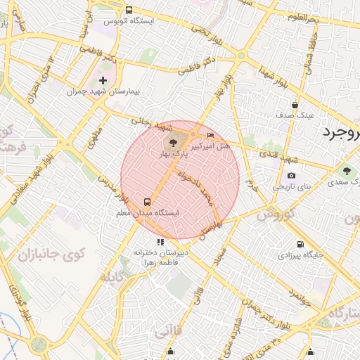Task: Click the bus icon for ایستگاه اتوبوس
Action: tap(129, 10)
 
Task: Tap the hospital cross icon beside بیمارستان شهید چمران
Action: tap(103, 81)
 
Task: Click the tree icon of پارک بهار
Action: tap(174, 144)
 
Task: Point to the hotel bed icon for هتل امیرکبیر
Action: tap(211, 134)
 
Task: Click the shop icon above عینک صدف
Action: tap(294, 104)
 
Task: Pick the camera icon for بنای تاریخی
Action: tap(292, 176)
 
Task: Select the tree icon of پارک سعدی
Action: tap(346, 171)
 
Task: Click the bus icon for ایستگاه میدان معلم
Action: tap(148, 201)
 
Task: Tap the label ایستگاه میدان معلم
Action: tap(148, 212)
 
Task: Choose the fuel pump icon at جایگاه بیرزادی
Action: tap(301, 245)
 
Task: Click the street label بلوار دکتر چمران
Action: tap(271, 314)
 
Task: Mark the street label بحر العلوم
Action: tap(303, 17)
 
